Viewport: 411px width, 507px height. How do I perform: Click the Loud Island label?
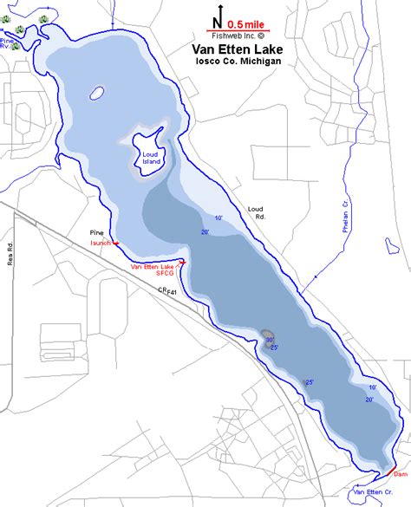point(153,157)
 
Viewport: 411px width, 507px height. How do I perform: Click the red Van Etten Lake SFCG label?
point(153,270)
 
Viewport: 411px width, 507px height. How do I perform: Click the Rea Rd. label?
point(12,251)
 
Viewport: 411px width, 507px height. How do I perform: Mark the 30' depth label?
point(270,340)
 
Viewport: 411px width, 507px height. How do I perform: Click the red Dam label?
point(400,474)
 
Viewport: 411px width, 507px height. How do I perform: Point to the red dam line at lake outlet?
point(383,472)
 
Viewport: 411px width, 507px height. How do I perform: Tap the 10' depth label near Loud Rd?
point(219,218)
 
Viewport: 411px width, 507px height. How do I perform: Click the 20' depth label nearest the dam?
point(369,400)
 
